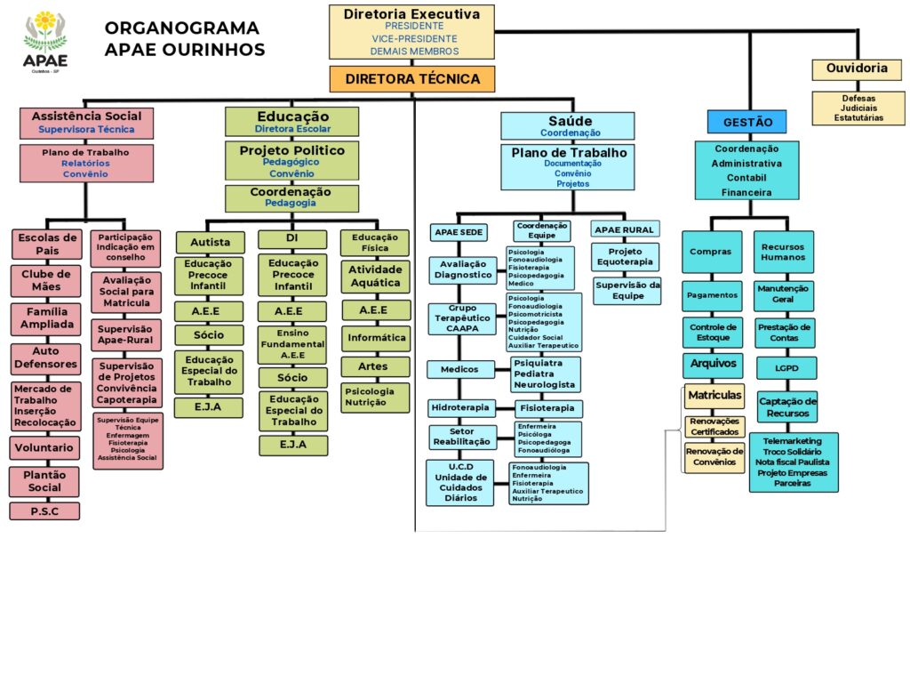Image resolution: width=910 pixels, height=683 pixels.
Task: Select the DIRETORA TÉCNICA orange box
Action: (x=412, y=79)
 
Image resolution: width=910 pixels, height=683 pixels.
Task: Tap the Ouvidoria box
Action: (x=857, y=68)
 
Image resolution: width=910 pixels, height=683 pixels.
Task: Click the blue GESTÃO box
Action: (x=747, y=122)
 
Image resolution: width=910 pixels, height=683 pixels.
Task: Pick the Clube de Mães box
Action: (x=45, y=280)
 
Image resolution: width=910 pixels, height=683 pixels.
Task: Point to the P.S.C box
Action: (x=45, y=511)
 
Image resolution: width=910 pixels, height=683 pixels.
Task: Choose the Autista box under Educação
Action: (x=211, y=242)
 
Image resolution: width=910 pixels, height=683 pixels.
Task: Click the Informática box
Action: (x=376, y=338)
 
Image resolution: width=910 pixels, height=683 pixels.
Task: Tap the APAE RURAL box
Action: (x=624, y=229)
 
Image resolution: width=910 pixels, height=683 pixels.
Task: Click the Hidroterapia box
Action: (x=460, y=408)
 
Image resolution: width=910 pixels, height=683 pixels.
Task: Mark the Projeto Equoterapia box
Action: (x=626, y=256)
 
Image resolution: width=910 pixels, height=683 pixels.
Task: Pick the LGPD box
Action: (x=786, y=367)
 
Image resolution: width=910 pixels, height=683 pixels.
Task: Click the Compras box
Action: (x=711, y=253)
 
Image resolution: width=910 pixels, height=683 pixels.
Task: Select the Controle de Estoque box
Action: (x=711, y=333)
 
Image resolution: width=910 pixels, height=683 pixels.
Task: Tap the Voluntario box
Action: (x=45, y=448)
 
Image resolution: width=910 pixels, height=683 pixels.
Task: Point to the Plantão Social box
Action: (x=45, y=481)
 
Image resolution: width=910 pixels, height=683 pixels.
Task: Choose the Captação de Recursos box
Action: (x=786, y=407)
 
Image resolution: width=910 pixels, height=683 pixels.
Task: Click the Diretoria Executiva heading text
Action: (x=411, y=14)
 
